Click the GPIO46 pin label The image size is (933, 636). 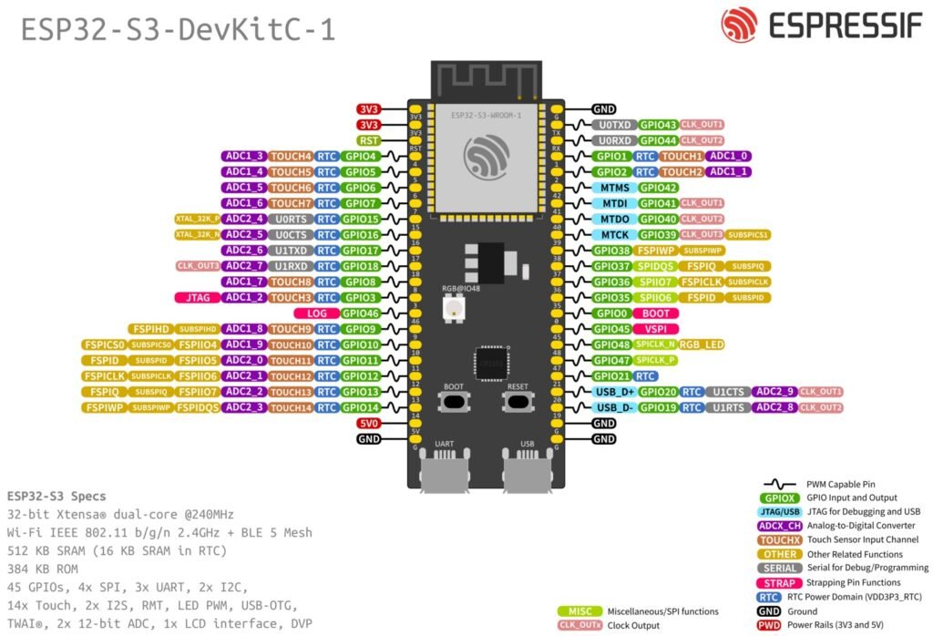tap(360, 313)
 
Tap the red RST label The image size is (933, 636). tap(368, 140)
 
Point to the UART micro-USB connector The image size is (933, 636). tap(444, 473)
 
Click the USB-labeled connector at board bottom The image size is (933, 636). tap(526, 473)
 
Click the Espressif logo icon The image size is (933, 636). tap(739, 26)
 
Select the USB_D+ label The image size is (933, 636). tap(613, 392)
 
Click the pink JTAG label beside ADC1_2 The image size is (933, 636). tap(195, 298)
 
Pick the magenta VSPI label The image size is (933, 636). tap(654, 329)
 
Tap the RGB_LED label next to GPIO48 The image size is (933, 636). tap(701, 344)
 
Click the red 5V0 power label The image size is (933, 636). tap(368, 423)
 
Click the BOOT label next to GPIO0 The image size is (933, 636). tap(655, 313)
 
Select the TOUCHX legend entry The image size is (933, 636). tap(780, 539)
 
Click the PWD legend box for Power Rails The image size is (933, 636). tap(769, 625)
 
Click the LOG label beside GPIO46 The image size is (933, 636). tap(317, 313)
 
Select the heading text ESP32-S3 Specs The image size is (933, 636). tap(56, 497)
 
